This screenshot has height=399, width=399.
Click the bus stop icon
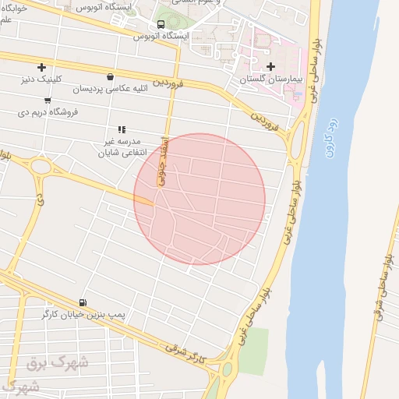coord(161,25)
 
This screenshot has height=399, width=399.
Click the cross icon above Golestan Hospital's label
coord(271,66)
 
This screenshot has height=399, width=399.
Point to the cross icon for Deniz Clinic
coord(41,67)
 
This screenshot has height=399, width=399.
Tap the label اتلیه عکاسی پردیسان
coord(110,90)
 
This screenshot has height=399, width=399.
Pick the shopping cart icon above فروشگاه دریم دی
coord(48,100)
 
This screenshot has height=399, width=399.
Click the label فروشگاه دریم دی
coord(48,112)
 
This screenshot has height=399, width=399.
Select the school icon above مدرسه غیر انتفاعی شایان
coord(121,129)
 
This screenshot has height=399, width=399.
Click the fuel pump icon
coord(83,302)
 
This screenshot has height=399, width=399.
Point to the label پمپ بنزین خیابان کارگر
coord(83,315)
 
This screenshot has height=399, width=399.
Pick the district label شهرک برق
coord(58,362)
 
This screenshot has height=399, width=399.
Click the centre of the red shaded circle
coord(199,199)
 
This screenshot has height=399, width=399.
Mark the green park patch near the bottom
coord(252,351)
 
